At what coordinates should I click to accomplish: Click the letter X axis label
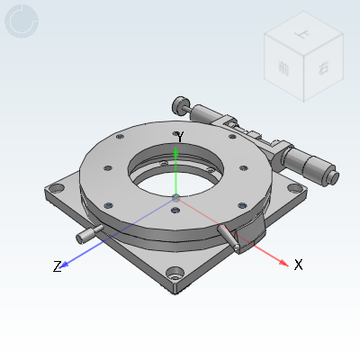299,265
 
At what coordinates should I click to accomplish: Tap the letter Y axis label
180,138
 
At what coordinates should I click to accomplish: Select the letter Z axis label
57,266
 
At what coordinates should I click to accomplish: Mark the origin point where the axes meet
176,197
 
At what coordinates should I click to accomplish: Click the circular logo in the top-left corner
22,22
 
